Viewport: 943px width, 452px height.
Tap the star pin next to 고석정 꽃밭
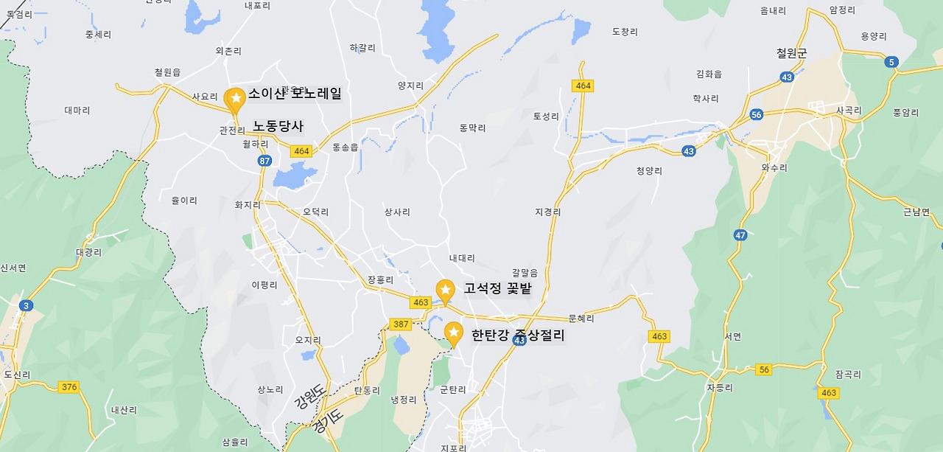tap(445, 291)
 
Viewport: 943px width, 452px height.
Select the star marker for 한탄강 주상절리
tap(453, 333)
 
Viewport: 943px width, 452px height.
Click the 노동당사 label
tap(278, 126)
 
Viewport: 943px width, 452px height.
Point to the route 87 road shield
tap(265, 161)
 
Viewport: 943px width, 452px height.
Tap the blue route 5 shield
tap(892, 62)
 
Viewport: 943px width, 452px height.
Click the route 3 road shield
tap(27, 305)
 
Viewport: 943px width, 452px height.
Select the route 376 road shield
tap(69, 387)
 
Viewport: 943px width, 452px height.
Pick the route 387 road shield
tap(401, 324)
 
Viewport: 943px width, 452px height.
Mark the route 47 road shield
tap(740, 235)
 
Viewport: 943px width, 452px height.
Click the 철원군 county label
tap(791, 53)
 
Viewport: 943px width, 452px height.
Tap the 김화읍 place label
tap(709, 74)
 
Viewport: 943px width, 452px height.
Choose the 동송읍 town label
tap(345, 147)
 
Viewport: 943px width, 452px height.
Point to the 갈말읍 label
tap(525, 273)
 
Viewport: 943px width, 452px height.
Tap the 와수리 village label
tap(774, 168)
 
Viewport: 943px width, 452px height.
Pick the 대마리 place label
tap(77, 111)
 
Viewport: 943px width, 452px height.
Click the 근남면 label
tap(916, 212)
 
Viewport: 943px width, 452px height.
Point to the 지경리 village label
tap(547, 212)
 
